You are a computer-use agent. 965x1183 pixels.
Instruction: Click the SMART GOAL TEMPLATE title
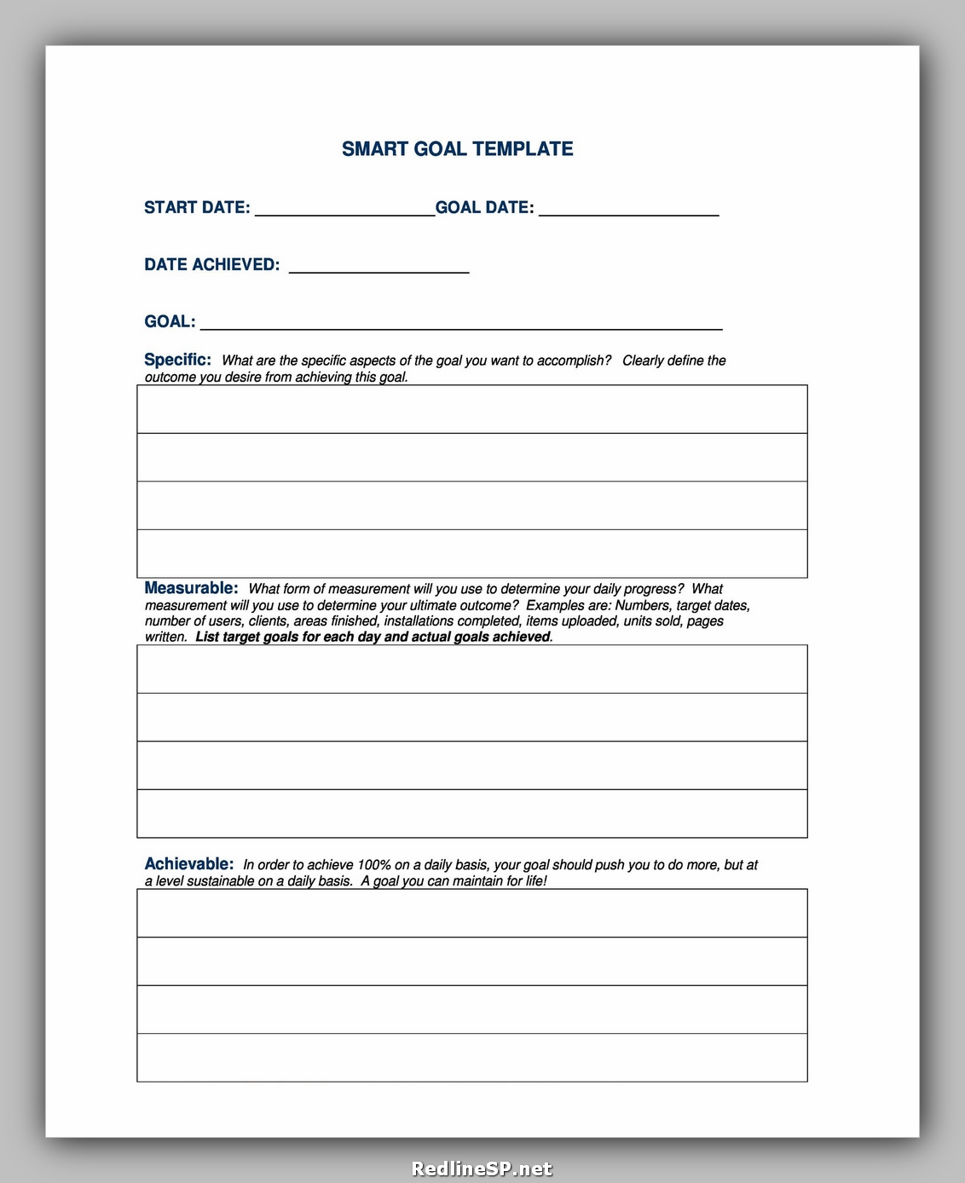pos(457,149)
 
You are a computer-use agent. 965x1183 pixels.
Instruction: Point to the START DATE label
pos(197,208)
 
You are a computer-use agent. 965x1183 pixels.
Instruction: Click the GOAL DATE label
pos(484,208)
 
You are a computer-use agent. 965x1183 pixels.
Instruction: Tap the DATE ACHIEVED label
pos(211,265)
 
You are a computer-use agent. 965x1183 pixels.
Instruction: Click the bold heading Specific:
pos(177,360)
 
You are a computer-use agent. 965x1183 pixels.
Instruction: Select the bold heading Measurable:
pos(191,588)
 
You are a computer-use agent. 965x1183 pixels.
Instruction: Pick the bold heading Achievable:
pos(188,864)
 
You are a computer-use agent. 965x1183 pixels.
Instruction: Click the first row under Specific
pos(471,409)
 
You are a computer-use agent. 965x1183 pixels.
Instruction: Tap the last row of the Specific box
pos(471,554)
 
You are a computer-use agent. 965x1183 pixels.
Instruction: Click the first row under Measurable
pos(471,669)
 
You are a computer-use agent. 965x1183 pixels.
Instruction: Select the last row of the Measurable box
pos(471,814)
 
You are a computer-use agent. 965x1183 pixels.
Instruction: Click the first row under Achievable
pos(471,914)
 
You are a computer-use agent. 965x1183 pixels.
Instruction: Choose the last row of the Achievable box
pos(471,1058)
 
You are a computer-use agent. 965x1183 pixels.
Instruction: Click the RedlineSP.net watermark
pos(482,1169)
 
